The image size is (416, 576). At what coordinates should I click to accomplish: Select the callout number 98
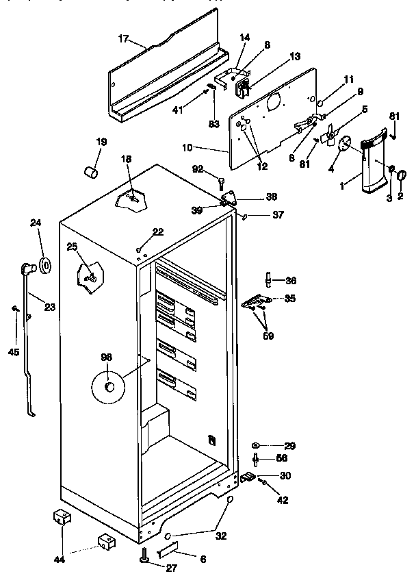click(106, 356)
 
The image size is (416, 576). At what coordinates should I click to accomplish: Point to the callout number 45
click(13, 353)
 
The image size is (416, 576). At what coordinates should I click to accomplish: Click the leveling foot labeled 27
click(146, 559)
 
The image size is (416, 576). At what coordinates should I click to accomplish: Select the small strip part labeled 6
click(168, 549)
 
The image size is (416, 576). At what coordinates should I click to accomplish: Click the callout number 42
click(283, 500)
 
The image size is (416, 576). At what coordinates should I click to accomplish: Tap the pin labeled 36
click(269, 279)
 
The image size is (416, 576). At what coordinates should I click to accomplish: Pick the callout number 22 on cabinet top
click(158, 232)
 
